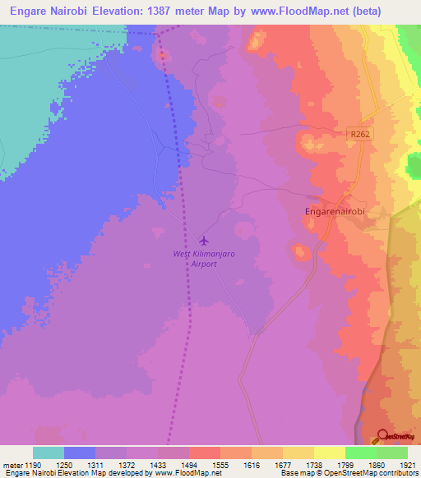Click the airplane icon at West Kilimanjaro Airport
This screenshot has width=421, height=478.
click(x=204, y=241)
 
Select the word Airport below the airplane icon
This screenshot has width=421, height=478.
click(x=204, y=264)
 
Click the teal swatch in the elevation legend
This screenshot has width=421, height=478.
click(x=49, y=453)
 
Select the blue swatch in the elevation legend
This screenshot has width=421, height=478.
click(x=80, y=453)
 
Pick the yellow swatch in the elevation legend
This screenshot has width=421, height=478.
click(x=329, y=453)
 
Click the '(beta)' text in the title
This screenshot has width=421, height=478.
click(x=392, y=11)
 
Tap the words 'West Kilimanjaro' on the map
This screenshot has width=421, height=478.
click(x=204, y=255)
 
